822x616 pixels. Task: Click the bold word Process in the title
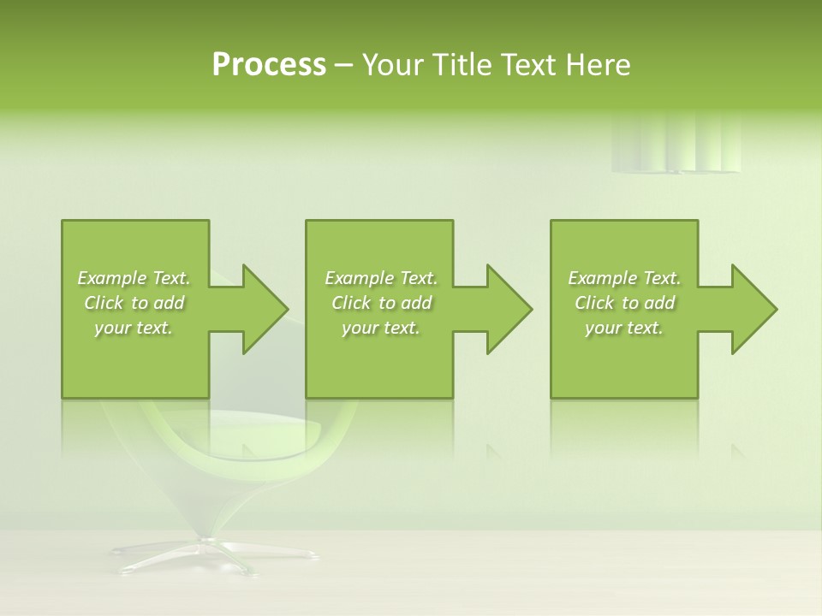pos(269,65)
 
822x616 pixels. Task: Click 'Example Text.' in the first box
pos(134,278)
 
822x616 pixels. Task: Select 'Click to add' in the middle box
pos(381,303)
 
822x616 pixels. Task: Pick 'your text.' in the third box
pos(624,328)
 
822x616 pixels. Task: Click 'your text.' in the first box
pos(134,328)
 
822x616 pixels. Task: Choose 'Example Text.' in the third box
pos(624,278)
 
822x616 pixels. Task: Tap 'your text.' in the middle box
pos(381,328)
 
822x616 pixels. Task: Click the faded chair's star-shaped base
pos(214,554)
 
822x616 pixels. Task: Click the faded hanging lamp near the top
pos(676,145)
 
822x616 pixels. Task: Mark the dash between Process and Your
pos(343,65)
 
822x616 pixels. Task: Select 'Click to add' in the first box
pos(134,303)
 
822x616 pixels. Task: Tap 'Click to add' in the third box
pos(624,303)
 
